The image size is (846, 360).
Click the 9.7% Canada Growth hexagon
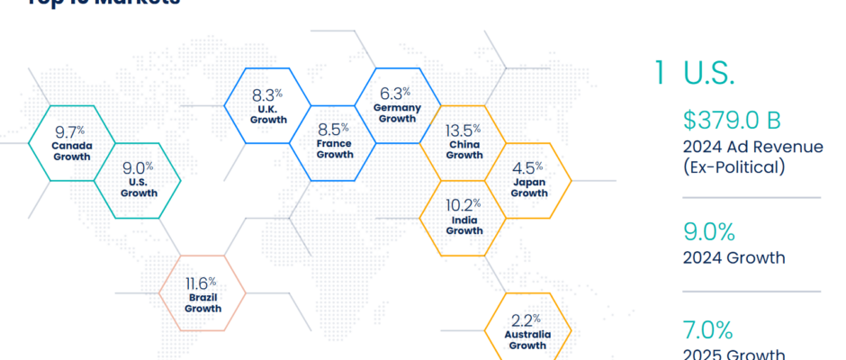[x=72, y=142]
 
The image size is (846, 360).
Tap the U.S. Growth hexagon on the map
[x=138, y=180]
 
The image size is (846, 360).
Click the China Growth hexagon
[x=463, y=142]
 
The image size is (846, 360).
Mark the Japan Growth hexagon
[x=528, y=180]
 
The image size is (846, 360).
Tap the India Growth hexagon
[x=463, y=217]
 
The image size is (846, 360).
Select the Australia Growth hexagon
[x=527, y=331]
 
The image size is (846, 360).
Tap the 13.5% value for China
[x=464, y=130]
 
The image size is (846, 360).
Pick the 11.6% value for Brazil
[x=202, y=283]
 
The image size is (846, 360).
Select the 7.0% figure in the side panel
[x=708, y=329]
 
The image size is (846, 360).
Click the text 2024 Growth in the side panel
[x=733, y=258]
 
